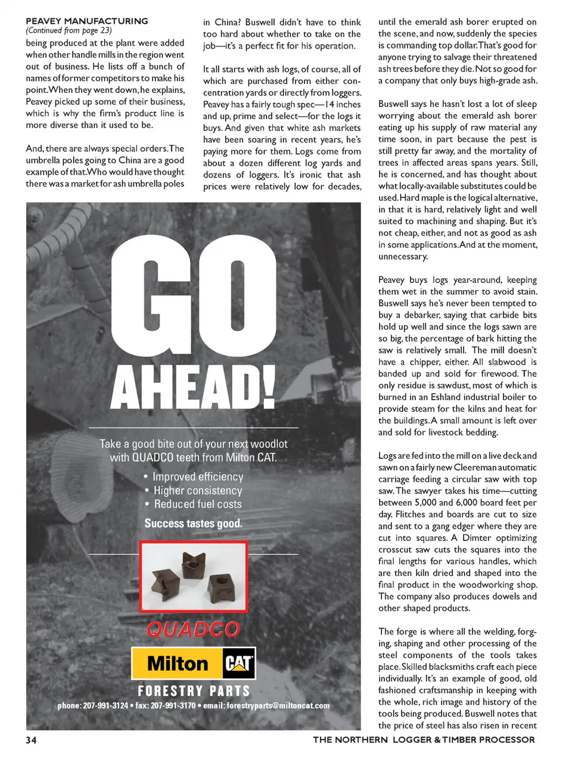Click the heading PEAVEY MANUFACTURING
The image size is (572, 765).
(87, 21)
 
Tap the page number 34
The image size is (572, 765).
(31, 740)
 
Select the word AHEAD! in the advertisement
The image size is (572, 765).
(194, 387)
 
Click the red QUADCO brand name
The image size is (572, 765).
(193, 629)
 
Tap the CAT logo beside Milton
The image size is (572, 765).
(238, 663)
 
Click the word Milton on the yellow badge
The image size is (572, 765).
(177, 664)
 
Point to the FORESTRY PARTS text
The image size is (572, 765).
(194, 691)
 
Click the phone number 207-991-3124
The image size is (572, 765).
(105, 706)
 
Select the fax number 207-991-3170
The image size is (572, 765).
(173, 706)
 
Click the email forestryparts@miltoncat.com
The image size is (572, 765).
(278, 706)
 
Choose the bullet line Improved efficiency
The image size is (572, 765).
(198, 477)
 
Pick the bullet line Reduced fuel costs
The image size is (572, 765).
(198, 504)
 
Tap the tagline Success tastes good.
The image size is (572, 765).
(193, 524)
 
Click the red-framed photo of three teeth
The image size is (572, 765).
(193, 576)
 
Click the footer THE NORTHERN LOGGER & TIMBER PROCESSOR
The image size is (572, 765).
(424, 740)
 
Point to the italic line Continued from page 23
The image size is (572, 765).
(69, 30)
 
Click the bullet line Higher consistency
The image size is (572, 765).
(198, 490)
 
